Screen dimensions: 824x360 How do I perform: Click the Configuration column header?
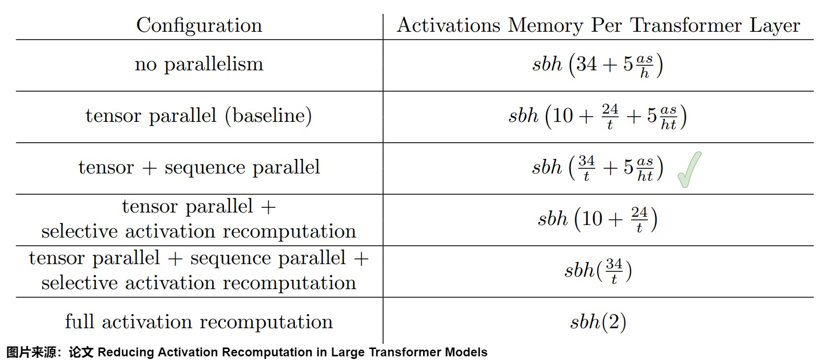[x=199, y=26]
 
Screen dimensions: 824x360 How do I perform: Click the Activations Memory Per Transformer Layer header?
[x=598, y=26]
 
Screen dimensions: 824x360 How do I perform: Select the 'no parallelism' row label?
[x=199, y=64]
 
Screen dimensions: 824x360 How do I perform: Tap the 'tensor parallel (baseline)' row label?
[x=199, y=115]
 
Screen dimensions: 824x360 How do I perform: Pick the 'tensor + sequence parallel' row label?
[x=199, y=167]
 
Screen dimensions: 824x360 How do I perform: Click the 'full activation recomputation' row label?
[x=199, y=321]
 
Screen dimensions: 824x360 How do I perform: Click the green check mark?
[x=689, y=169]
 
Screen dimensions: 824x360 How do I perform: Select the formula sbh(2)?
[x=598, y=322]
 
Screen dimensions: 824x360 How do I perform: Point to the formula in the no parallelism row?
[x=597, y=65]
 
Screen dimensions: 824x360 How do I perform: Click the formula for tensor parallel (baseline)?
[x=597, y=116]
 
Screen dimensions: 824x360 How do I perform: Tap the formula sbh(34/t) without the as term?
[x=598, y=271]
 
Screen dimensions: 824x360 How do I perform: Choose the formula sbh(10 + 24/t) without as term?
[x=597, y=219]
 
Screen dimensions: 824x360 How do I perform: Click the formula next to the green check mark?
[x=597, y=168]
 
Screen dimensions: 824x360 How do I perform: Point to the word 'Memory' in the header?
[x=545, y=26]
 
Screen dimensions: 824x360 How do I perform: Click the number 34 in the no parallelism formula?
[x=586, y=64]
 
